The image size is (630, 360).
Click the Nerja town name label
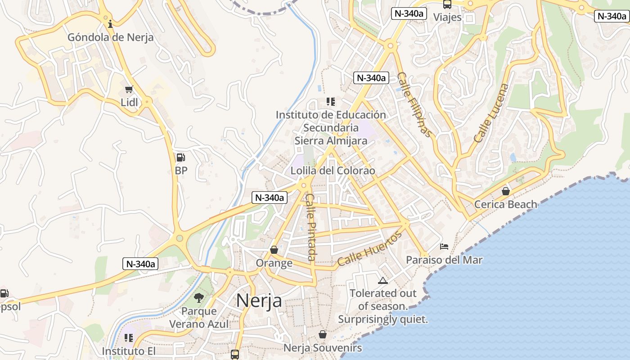click(x=259, y=301)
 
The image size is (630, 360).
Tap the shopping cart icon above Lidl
click(x=129, y=90)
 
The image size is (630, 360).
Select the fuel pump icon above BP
click(x=180, y=157)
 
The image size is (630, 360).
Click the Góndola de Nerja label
click(x=110, y=37)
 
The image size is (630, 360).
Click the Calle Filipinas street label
click(x=414, y=104)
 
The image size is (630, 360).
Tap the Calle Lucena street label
click(x=491, y=113)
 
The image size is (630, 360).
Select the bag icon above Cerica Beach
click(x=506, y=191)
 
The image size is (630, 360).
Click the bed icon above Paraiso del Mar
click(x=444, y=247)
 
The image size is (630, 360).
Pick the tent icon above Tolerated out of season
click(x=383, y=281)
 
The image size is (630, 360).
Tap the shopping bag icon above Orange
click(x=274, y=250)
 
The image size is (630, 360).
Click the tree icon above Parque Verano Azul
click(x=198, y=297)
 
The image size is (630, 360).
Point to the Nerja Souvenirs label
click(x=322, y=348)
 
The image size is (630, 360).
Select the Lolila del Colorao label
click(x=333, y=171)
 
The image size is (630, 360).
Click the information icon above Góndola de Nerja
click(x=110, y=23)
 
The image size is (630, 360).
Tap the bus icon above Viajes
click(x=447, y=4)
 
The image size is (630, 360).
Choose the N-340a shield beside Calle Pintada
click(x=270, y=198)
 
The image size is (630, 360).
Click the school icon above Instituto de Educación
click(x=331, y=102)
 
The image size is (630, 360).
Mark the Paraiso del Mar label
click(x=444, y=260)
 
